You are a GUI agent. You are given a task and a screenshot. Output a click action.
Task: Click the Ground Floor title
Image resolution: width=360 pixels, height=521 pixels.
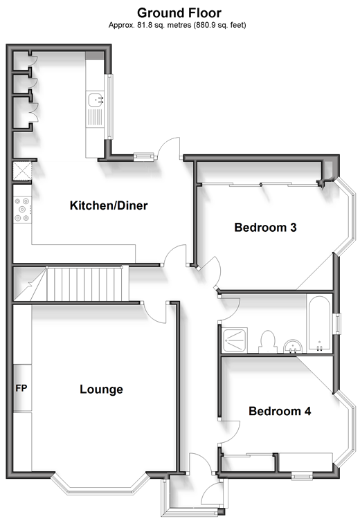pyautogui.click(x=179, y=13)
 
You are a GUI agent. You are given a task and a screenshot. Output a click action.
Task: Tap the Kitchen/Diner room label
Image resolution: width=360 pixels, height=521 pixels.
pyautogui.click(x=109, y=205)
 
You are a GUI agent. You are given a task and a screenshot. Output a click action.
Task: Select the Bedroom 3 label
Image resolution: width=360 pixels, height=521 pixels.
pyautogui.click(x=265, y=227)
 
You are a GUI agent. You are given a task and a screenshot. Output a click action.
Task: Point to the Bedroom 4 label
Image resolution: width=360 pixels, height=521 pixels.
pyautogui.click(x=280, y=411)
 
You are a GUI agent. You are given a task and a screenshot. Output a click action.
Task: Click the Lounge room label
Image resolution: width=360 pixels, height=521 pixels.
pyautogui.click(x=101, y=389)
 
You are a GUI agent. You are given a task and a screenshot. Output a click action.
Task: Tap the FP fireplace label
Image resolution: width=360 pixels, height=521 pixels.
pyautogui.click(x=21, y=387)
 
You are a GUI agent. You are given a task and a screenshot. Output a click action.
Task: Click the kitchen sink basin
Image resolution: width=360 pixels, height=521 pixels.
pyautogui.click(x=96, y=100)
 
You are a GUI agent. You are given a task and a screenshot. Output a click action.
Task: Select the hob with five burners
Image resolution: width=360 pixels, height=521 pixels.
pyautogui.click(x=22, y=210)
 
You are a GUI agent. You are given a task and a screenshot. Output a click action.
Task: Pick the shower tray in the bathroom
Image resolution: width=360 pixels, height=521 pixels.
pyautogui.click(x=235, y=340)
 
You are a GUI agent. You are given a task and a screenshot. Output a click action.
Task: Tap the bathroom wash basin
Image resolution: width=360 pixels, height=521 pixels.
pyautogui.click(x=293, y=346)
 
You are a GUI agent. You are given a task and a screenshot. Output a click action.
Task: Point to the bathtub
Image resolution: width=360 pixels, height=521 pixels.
pyautogui.click(x=319, y=323)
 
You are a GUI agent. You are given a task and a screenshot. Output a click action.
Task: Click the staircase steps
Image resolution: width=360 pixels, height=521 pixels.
pyautogui.click(x=87, y=284)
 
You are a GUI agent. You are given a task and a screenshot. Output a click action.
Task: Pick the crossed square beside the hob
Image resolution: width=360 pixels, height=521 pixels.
pyautogui.click(x=22, y=171)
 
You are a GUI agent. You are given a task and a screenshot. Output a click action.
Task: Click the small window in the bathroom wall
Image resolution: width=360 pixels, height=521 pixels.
pyautogui.click(x=338, y=324)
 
